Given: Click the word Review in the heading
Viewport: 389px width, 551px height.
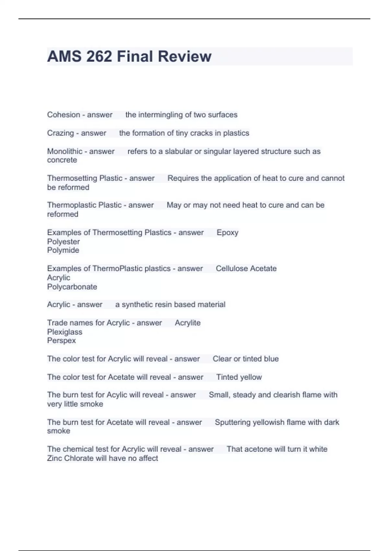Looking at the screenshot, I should point(185,56).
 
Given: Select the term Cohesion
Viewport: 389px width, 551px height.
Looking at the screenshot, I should point(64,115).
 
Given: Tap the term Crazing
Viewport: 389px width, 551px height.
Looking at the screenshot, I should point(60,133).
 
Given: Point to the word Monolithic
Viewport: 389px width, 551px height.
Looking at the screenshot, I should point(65,151).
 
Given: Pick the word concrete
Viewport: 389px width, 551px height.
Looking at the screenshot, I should point(62,160).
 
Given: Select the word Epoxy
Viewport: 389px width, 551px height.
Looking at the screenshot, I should point(228,233).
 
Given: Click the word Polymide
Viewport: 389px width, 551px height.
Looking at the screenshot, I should point(63,250).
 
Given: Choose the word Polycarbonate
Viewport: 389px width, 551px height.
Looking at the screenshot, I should point(72,287).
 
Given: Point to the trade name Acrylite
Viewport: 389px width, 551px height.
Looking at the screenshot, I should point(188,323).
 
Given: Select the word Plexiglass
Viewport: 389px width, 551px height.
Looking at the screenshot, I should point(65,332).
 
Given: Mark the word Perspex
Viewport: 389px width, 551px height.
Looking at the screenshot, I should point(61,341).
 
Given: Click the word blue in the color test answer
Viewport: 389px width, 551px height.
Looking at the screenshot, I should point(271,359).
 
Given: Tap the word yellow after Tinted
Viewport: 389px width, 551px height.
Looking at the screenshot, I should point(251,377).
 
